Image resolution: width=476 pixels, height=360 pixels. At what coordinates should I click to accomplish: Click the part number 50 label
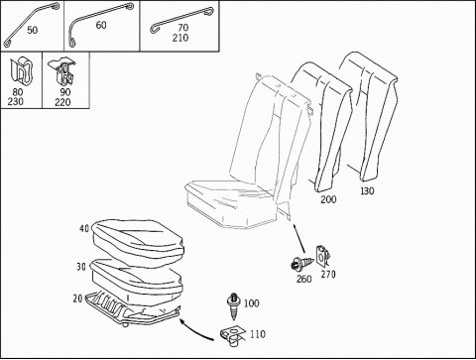32,30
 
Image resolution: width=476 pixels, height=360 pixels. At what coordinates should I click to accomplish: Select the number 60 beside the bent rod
101,25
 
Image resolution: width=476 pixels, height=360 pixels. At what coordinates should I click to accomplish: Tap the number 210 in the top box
180,38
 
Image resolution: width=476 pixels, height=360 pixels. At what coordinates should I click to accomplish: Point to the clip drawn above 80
22,71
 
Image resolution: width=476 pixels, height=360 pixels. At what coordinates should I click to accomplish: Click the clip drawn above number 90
61,71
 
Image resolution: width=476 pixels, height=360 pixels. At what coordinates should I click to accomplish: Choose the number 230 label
16,101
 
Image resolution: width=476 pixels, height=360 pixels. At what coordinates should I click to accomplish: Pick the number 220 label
62,102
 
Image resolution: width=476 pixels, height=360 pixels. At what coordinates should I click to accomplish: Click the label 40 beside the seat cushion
84,228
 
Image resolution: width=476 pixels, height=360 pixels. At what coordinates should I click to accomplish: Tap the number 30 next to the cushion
81,267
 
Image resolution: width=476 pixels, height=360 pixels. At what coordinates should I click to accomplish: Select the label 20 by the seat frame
77,299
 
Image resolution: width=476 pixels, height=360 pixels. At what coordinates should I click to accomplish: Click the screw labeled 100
234,306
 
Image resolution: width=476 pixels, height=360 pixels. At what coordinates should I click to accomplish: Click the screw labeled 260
300,264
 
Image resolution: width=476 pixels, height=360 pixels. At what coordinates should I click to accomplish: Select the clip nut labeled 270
323,256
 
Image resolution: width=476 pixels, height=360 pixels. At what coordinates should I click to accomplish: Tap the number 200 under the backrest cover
328,199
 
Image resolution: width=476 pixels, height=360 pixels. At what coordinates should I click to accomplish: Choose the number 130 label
367,190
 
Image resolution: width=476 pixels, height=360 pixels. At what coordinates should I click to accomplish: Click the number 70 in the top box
183,28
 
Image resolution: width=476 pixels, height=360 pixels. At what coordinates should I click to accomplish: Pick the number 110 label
258,334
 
